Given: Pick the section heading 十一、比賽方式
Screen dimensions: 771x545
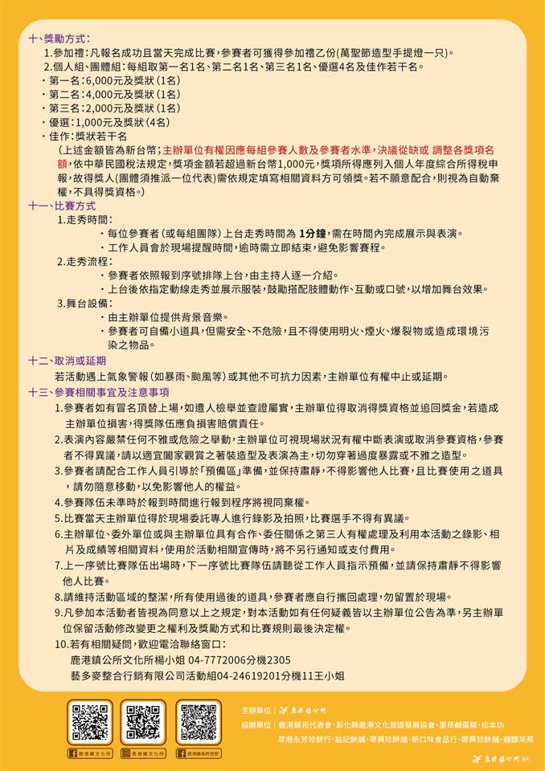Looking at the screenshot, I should click(x=62, y=206).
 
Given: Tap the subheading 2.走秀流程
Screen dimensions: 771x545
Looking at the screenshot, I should click(x=84, y=261).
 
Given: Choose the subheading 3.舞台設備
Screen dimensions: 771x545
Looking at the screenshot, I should click(x=84, y=303).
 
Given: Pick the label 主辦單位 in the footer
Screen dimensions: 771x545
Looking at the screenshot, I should click(x=256, y=711).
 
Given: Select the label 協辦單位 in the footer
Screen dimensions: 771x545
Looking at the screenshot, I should click(x=256, y=724).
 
